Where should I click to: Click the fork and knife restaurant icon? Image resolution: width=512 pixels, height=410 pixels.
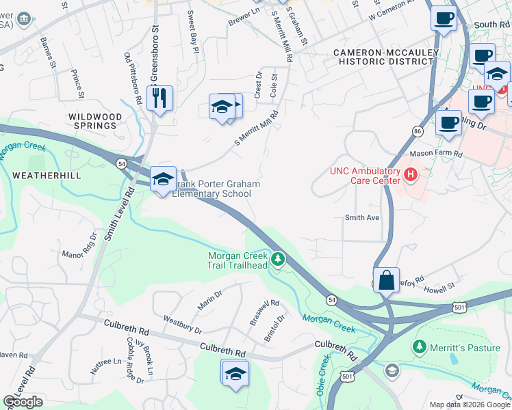pyautogui.click(x=159, y=98)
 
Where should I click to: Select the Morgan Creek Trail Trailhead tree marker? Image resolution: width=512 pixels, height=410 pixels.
pyautogui.click(x=278, y=259)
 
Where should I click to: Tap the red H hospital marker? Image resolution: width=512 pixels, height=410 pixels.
pyautogui.click(x=411, y=175)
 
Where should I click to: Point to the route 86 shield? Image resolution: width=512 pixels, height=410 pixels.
pyautogui.click(x=417, y=129)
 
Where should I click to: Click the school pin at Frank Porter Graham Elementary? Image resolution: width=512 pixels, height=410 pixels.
pyautogui.click(x=163, y=180)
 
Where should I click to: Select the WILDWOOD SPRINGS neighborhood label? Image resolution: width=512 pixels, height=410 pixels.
pyautogui.click(x=95, y=121)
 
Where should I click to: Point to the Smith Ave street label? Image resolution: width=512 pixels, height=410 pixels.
pyautogui.click(x=362, y=217)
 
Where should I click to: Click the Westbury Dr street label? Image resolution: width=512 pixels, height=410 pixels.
pyautogui.click(x=182, y=325)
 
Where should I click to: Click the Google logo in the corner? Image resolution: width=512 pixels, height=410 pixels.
pyautogui.click(x=23, y=402)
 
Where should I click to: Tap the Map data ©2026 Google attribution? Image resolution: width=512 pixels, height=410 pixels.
pyautogui.click(x=469, y=405)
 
